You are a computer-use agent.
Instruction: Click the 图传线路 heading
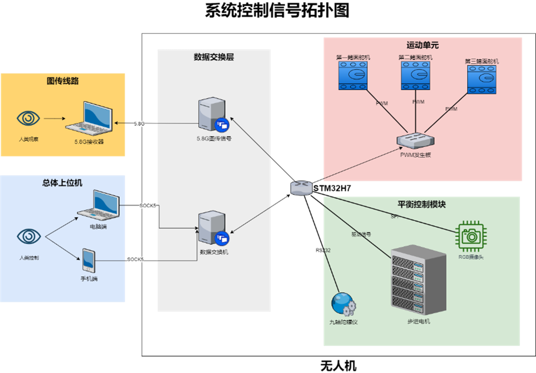pyautogui.click(x=63, y=81)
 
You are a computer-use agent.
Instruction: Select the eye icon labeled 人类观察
pyautogui.click(x=28, y=119)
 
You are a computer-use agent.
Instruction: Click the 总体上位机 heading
pyautogui.click(x=62, y=183)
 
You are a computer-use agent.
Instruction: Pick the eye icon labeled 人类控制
pyautogui.click(x=29, y=236)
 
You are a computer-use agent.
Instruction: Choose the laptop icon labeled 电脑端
pyautogui.click(x=98, y=205)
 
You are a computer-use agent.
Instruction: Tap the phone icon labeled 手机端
pyautogui.click(x=89, y=260)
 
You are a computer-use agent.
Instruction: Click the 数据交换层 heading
pyautogui.click(x=214, y=57)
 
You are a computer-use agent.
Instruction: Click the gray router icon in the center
pyautogui.click(x=301, y=188)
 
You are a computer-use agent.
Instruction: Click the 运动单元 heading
pyautogui.click(x=422, y=45)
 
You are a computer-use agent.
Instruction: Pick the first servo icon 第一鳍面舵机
pyautogui.click(x=353, y=76)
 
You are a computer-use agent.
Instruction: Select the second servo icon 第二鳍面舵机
pyautogui.click(x=415, y=76)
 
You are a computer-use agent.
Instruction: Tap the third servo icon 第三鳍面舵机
pyautogui.click(x=482, y=79)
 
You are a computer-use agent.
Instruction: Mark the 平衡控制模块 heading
pyautogui.click(x=422, y=204)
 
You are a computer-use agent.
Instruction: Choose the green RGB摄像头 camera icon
pyautogui.click(x=471, y=236)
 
